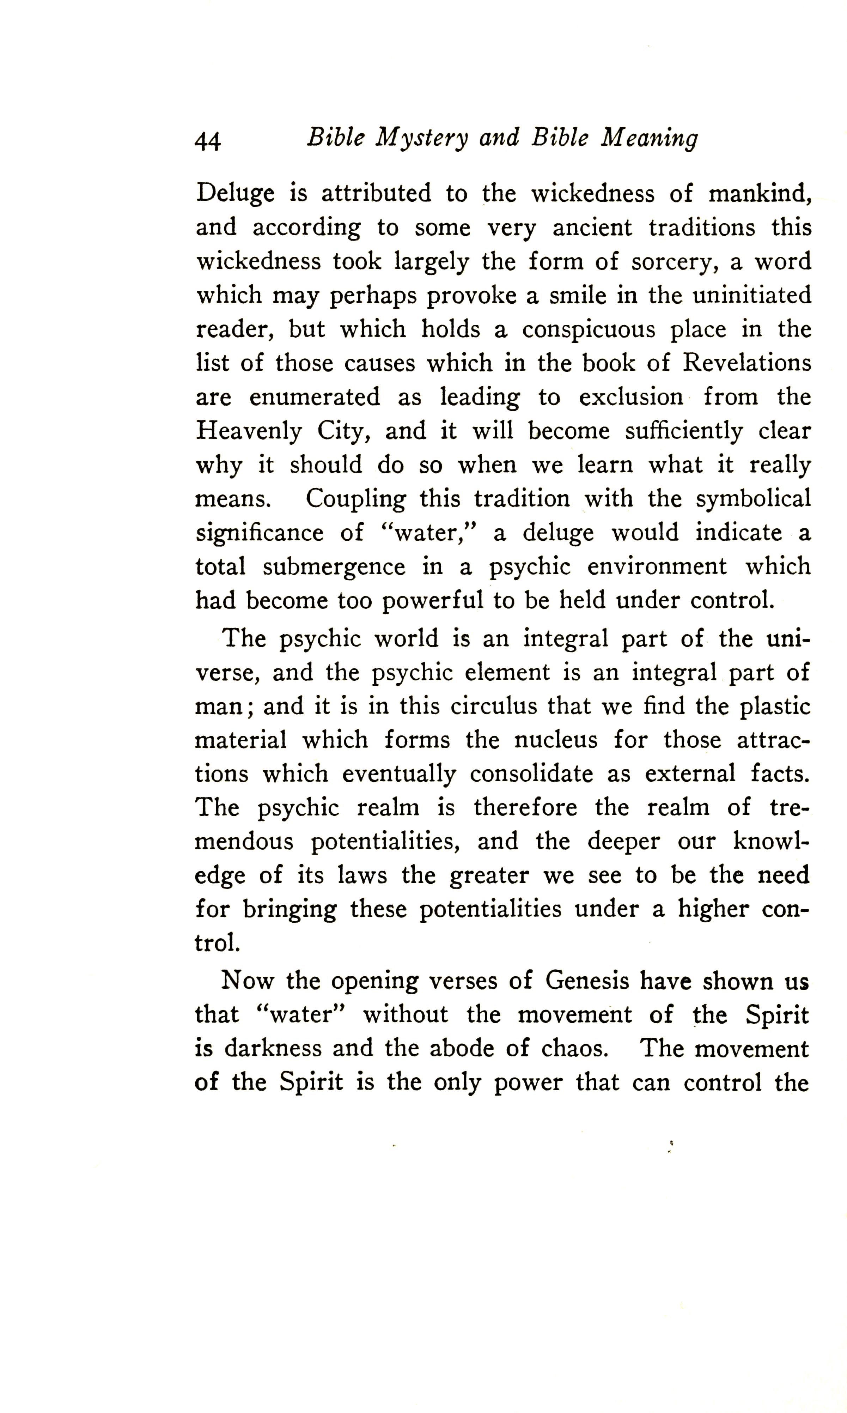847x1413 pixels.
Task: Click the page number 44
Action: [208, 140]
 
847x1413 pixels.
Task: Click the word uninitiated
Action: [752, 295]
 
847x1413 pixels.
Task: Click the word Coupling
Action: [355, 499]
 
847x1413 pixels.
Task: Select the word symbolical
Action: [753, 499]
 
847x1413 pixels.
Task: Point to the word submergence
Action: [334, 567]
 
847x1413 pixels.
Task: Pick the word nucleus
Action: [556, 740]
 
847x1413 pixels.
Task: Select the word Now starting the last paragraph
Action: [247, 981]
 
